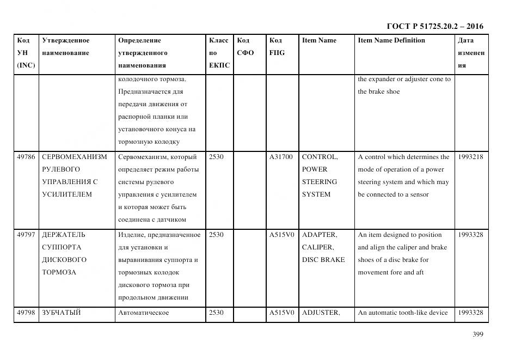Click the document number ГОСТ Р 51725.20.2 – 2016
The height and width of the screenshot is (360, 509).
[x=434, y=26]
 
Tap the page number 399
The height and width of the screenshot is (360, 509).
[x=477, y=334]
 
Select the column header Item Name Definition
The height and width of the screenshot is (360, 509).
[x=391, y=40]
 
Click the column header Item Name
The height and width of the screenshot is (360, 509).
[x=319, y=40]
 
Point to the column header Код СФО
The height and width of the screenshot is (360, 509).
[x=245, y=47]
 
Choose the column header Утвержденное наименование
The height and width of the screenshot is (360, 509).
[x=66, y=47]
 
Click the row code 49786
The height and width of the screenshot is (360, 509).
[x=26, y=157]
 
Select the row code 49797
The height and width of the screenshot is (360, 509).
[x=26, y=235]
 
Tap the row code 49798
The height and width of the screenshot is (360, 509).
[x=26, y=313]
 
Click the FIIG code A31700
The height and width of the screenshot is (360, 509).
[x=281, y=157]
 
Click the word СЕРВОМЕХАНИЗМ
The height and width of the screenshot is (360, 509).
[x=75, y=157]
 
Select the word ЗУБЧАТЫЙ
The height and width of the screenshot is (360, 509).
[x=62, y=313]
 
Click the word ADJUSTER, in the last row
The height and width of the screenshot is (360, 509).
[x=321, y=313]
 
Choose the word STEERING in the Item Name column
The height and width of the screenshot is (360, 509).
[x=320, y=182]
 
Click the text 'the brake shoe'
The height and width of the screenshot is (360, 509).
[x=378, y=91]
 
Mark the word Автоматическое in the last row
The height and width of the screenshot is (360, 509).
[x=143, y=313]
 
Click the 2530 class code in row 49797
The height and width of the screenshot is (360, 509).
[x=216, y=235]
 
